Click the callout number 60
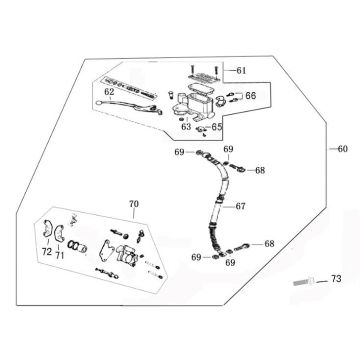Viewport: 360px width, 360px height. (x=342, y=149)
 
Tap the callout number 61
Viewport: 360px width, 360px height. (x=241, y=70)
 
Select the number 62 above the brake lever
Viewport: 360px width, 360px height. (x=109, y=92)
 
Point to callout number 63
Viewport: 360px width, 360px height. (x=186, y=127)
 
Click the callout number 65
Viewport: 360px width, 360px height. (x=217, y=127)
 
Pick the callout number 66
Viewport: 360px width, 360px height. (x=251, y=96)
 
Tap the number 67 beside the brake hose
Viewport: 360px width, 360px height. (x=240, y=206)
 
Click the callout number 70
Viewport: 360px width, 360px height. (x=133, y=204)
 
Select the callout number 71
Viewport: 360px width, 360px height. (x=59, y=255)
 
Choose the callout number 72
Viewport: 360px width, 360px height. (x=47, y=252)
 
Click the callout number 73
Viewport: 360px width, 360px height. (x=336, y=279)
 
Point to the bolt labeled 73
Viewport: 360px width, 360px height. (x=304, y=282)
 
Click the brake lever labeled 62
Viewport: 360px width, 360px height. (x=129, y=106)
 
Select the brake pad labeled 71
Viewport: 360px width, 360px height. (x=59, y=232)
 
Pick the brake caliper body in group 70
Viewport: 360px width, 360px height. (x=127, y=255)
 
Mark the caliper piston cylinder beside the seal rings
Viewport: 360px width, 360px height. (x=82, y=248)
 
